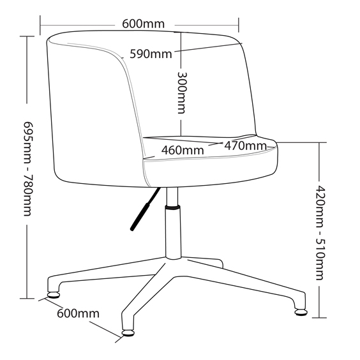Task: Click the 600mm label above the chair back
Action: tap(143, 24)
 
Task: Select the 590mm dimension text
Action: tap(151, 54)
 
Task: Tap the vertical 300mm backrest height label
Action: tap(182, 93)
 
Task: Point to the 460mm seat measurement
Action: tap(183, 151)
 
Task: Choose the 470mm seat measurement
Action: tap(246, 146)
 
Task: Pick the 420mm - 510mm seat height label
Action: tap(320, 233)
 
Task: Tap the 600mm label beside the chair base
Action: tap(78, 313)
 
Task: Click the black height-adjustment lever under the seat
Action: tap(145, 209)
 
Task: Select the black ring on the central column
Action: tap(172, 208)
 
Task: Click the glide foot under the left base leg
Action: tap(54, 295)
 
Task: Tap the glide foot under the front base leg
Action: tap(128, 333)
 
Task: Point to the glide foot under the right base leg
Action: tap(301, 312)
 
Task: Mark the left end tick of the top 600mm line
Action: tap(40, 26)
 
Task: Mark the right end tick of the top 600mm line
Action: tap(239, 25)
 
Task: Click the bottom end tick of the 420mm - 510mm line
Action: tap(319, 318)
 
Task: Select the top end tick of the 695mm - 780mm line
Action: tap(27, 36)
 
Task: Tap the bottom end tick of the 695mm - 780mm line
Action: tap(27, 299)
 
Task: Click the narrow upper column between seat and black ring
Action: tap(172, 197)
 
